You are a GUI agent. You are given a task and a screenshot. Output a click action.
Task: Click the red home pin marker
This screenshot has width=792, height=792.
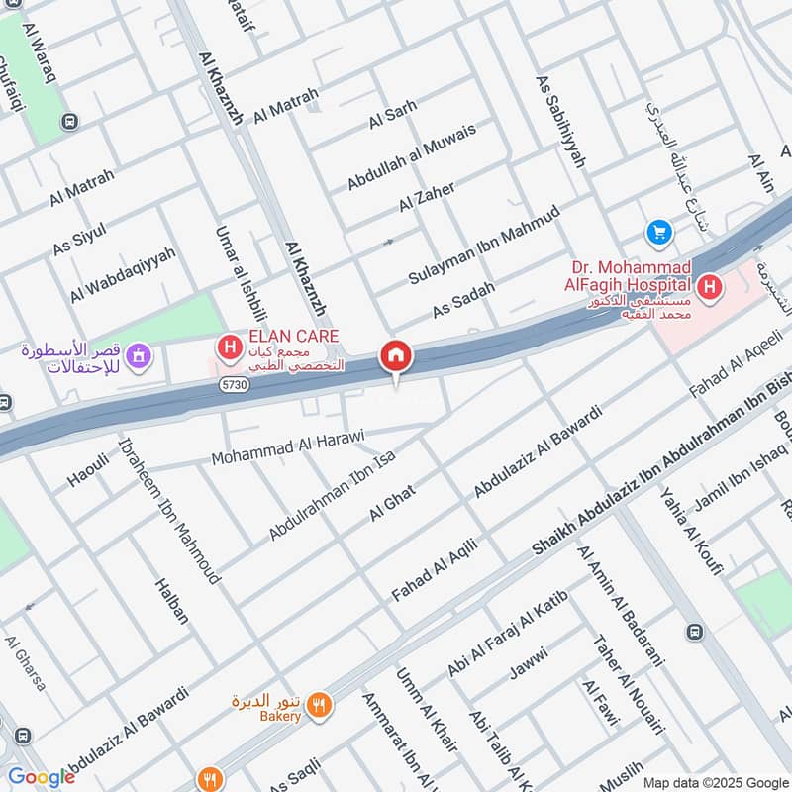tap(396, 355)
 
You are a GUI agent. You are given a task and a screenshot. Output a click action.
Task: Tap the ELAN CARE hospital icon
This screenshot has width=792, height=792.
tap(230, 347)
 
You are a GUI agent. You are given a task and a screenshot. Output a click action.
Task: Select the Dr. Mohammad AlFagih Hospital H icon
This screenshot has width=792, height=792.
tap(709, 288)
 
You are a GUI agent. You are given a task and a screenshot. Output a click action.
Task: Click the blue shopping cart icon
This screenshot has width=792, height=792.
tap(658, 233)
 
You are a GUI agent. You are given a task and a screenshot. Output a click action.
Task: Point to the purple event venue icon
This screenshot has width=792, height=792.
tap(140, 352)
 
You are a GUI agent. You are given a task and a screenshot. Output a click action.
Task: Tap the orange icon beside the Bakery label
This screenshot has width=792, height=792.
tap(319, 705)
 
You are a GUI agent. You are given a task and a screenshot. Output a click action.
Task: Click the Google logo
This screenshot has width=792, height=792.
tap(41, 777)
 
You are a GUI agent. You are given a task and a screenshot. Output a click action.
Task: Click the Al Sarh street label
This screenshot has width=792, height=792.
tap(392, 115)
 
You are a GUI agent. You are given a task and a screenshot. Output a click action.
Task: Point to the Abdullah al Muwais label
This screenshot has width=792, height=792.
tap(411, 157)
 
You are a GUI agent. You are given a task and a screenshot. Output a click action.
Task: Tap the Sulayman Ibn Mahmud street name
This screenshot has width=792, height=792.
tap(484, 247)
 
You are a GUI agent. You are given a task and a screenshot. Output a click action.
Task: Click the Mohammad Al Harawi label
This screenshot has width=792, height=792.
tap(288, 447)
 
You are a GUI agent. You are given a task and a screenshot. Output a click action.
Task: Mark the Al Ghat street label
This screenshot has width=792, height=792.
tap(390, 504)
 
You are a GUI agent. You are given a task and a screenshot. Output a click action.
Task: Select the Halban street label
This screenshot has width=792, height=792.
tap(171, 600)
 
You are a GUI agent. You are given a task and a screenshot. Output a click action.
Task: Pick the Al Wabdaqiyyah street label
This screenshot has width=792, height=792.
tap(123, 274)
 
